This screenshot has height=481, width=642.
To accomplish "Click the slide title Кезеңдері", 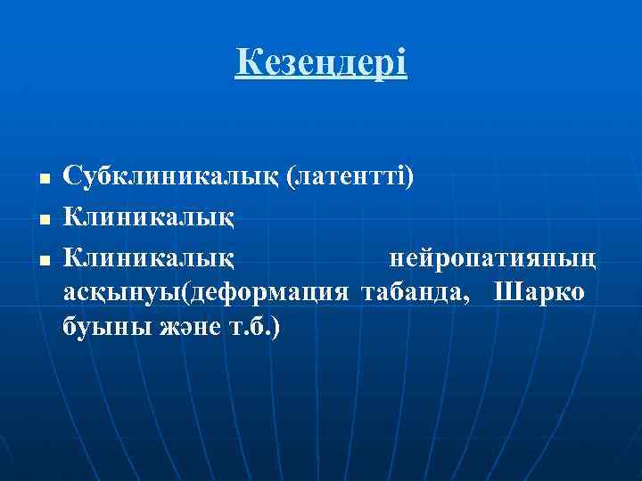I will pos(321,64).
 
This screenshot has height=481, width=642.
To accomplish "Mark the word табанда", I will pos(412,293).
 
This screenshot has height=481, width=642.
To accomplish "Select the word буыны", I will pos(95,327).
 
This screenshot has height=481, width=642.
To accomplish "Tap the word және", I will pos(170,327).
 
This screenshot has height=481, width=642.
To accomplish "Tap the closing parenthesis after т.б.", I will pos(276,327).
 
